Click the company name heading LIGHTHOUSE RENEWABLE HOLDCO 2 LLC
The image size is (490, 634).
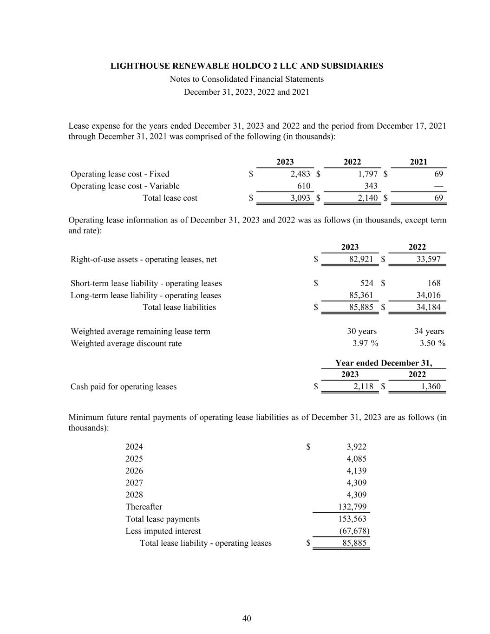pos(247,66)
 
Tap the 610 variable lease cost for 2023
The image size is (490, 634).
pos(304,186)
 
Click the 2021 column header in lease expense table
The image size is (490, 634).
pos(418,162)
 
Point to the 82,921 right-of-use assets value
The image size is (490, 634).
pos(361,259)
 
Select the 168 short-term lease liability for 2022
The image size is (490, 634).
pos(434,283)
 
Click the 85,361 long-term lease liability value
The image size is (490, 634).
pos(360,295)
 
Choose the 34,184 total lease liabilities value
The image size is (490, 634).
pos(428,307)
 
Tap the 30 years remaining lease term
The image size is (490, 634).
pos(362,331)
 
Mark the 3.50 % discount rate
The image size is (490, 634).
pos(430,343)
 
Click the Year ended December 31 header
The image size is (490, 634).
pos(384,363)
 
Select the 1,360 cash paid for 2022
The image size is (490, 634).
pos(431,386)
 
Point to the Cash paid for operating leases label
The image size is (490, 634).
pos(124,386)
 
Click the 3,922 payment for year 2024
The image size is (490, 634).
pos(356,447)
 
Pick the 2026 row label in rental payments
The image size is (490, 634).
pos(134,471)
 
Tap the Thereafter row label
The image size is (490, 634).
pos(144,507)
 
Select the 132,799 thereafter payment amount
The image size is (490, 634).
pos(354,507)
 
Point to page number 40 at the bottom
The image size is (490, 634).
pos(247,618)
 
